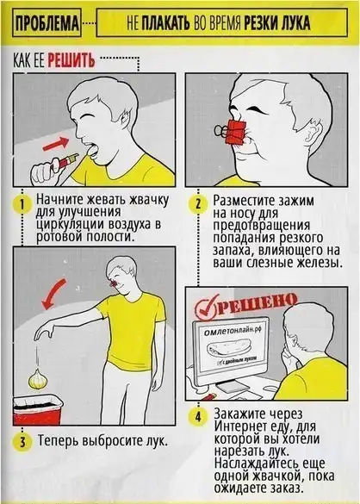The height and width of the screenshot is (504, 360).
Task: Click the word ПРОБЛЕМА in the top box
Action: pos(47,22)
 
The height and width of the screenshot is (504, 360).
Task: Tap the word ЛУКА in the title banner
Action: pos(295,22)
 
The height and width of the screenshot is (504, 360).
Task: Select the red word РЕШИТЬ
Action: pos(71,60)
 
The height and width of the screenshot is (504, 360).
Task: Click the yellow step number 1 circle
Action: pos(22,204)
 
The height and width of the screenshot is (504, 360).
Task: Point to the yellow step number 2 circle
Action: pos(198,204)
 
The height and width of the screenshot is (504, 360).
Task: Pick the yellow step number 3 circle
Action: pos(22,442)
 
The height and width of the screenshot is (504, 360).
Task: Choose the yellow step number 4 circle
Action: pos(198,417)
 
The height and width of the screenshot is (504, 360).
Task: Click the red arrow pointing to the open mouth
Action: pos(55,145)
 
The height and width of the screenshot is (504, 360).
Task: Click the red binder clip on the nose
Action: pos(234,131)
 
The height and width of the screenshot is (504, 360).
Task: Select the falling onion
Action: pos(38,378)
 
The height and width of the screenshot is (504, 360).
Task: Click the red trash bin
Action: pos(38,410)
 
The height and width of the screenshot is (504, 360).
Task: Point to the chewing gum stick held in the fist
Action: pos(67,160)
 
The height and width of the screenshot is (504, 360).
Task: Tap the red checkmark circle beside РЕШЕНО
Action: pos(207,308)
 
